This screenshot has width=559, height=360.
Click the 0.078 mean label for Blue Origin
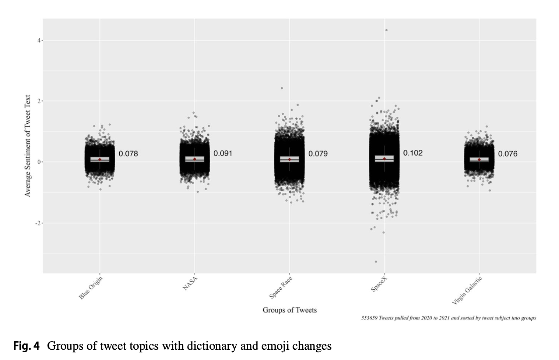(x=128, y=153)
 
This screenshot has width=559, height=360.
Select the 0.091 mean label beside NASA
(x=223, y=153)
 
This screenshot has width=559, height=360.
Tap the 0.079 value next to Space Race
(x=318, y=153)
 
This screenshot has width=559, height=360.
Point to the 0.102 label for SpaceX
(x=413, y=153)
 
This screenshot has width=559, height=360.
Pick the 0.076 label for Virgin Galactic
(x=507, y=153)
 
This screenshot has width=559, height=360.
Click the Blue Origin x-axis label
(x=91, y=288)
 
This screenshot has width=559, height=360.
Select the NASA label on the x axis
(x=190, y=283)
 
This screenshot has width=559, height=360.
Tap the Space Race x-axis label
(x=281, y=287)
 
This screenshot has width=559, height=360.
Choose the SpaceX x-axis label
(x=379, y=285)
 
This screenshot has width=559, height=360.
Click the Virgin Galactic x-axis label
(x=467, y=290)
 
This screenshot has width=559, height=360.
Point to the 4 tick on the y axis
(x=39, y=40)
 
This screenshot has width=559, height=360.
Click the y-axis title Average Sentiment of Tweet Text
(x=28, y=146)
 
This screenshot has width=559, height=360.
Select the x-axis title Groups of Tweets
(x=289, y=310)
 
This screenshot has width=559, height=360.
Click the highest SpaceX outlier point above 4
(x=386, y=30)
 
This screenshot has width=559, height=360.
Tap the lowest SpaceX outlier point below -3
(x=376, y=262)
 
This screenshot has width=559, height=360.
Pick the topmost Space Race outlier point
(x=282, y=88)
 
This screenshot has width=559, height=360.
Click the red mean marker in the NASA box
(x=195, y=159)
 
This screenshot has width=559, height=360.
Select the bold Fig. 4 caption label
(x=26, y=346)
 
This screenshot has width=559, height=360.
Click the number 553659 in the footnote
(x=369, y=318)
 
